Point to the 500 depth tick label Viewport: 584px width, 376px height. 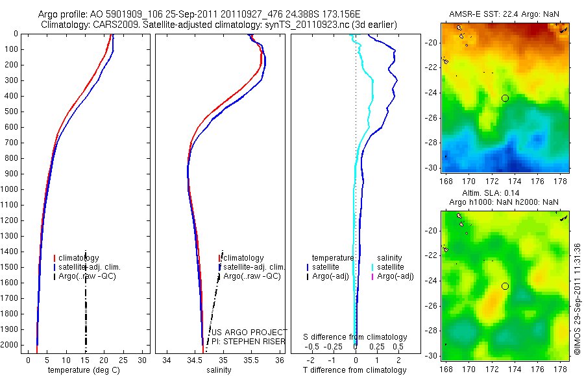click(x=11, y=112)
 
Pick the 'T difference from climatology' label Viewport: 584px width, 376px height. click(x=354, y=370)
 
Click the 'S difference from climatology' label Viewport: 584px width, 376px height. click(x=356, y=337)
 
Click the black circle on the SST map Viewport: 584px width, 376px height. click(x=505, y=98)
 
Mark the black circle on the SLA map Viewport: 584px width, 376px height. click(x=505, y=286)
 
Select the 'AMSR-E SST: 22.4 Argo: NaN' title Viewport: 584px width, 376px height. click(x=505, y=14)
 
